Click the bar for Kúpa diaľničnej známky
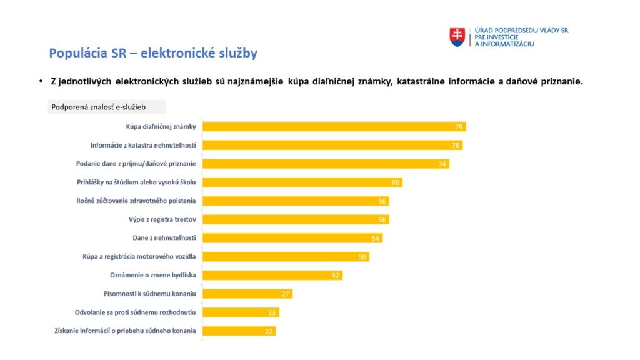coord(334,127)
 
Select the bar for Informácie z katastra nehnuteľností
coord(332,145)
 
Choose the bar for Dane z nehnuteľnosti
coord(292,238)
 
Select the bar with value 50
coord(286,257)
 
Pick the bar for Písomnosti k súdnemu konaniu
coord(247,294)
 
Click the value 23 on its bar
coord(273,312)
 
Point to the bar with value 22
coord(239,331)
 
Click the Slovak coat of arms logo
coord(457,37)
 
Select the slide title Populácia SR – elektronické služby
coord(153,53)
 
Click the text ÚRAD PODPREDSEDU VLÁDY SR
coord(521,31)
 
